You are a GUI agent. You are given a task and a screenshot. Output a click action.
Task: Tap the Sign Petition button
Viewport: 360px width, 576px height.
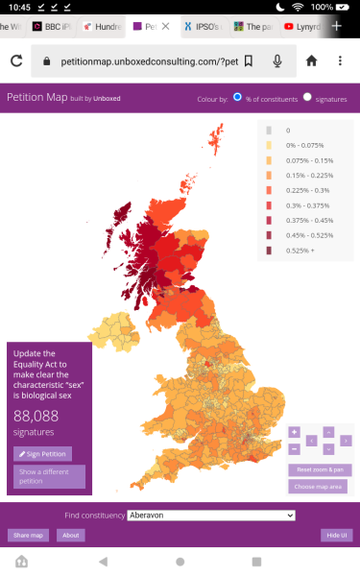(x=42, y=453)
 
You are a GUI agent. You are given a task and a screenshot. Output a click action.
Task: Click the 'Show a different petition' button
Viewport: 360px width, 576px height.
(x=49, y=476)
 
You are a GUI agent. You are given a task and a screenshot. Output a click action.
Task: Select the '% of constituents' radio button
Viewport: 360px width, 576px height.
(x=238, y=97)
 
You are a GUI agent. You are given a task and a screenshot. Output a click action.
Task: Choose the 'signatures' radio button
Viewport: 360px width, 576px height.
(x=307, y=97)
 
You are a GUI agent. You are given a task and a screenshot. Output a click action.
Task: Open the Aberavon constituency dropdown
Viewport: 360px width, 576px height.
(x=211, y=516)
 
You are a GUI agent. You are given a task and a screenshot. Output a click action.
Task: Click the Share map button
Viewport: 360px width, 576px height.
(x=26, y=535)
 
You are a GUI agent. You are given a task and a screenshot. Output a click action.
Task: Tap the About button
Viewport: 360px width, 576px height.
(x=69, y=535)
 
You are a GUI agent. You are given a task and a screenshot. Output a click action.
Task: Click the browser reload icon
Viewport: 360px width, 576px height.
(x=16, y=61)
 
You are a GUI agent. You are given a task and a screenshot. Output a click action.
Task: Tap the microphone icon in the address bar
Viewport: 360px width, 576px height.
(x=277, y=61)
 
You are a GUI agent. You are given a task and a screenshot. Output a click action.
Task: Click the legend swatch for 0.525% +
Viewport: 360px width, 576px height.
(x=269, y=251)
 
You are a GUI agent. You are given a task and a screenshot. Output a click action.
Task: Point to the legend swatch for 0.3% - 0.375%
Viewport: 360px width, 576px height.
(x=269, y=204)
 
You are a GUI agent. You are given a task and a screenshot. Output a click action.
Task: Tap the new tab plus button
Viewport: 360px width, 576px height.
(x=337, y=26)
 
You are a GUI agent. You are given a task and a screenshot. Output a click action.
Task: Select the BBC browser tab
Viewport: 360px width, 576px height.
(x=53, y=26)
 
